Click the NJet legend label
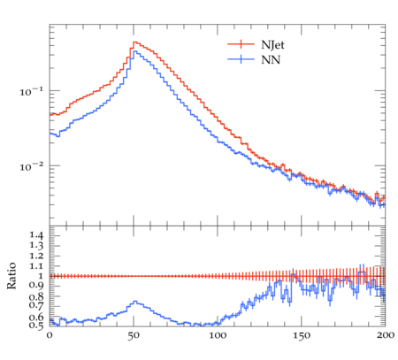click(x=272, y=45)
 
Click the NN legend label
click(x=271, y=60)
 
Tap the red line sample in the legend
click(x=241, y=44)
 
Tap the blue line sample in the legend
click(x=241, y=59)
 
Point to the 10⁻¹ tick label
click(x=31, y=91)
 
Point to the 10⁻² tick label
click(x=31, y=166)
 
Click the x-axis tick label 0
click(x=50, y=335)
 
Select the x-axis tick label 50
click(x=134, y=335)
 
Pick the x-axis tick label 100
click(x=218, y=335)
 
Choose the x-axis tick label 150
click(x=302, y=335)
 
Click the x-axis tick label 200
click(x=386, y=335)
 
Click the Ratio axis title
click(x=11, y=276)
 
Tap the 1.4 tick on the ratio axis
click(x=36, y=235)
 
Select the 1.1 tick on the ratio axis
click(x=36, y=266)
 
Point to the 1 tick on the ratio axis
click(x=41, y=276)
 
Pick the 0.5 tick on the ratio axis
click(x=36, y=326)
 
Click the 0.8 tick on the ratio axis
click(x=36, y=296)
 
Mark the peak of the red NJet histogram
click(x=134, y=42)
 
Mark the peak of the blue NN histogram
click(x=134, y=51)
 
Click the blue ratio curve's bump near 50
click(x=134, y=302)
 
